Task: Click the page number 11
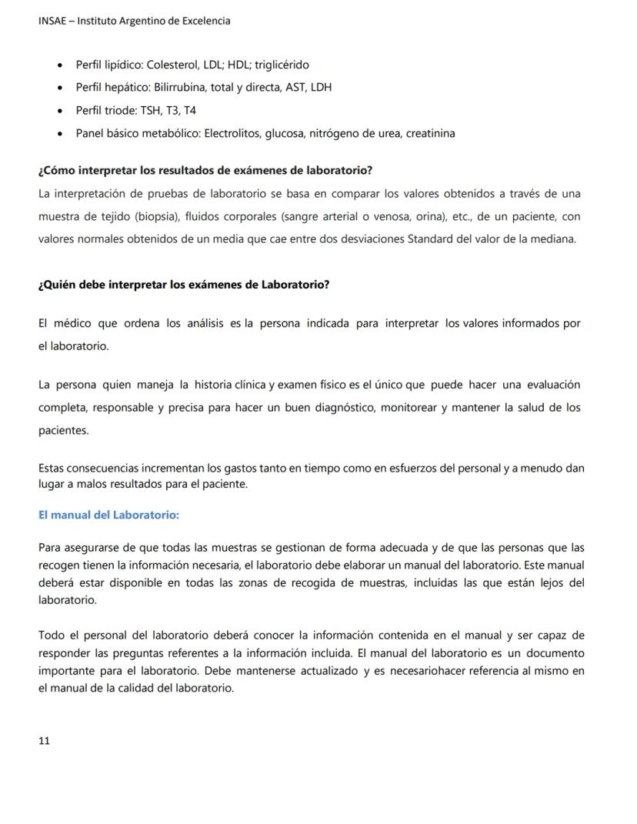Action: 44,741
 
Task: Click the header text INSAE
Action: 52,21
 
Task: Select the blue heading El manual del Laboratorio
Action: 108,515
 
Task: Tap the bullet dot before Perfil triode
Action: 61,110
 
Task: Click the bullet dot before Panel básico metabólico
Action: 61,133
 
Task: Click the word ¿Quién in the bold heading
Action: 58,285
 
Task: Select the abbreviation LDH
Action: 320,87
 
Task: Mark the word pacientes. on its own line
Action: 63,430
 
